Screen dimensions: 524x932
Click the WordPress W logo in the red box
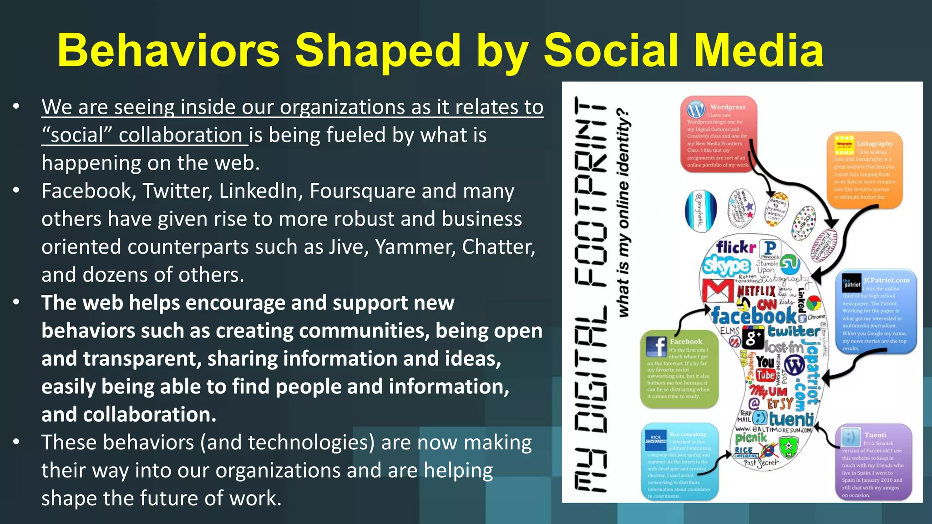(696, 110)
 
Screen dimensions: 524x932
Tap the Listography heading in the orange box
(875, 144)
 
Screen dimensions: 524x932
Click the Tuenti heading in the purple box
(875, 435)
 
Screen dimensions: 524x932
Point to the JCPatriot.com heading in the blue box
(886, 280)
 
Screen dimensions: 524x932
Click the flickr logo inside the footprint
(735, 247)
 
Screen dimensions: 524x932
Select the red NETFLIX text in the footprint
(756, 290)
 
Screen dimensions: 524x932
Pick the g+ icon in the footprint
(753, 337)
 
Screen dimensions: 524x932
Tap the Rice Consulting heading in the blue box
(688, 434)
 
